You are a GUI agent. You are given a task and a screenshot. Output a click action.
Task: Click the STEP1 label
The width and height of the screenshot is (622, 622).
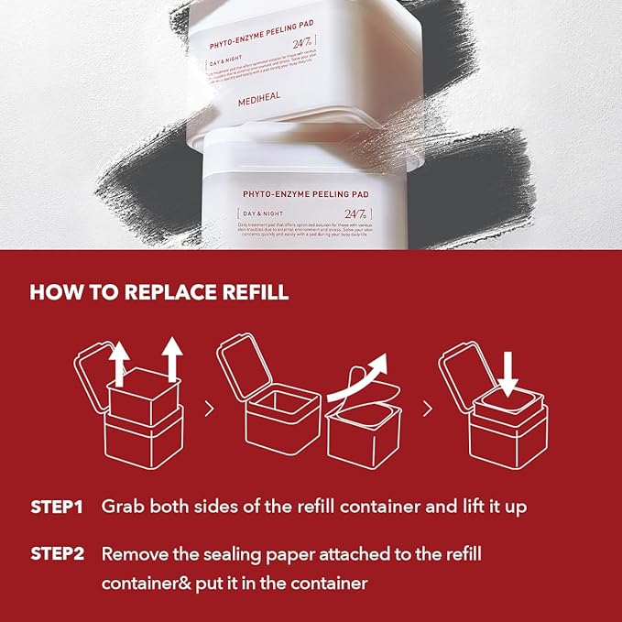point(57,507)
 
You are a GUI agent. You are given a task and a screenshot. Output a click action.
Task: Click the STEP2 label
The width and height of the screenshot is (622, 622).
point(57,554)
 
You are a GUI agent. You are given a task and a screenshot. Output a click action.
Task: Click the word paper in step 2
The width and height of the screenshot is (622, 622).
point(311,554)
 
